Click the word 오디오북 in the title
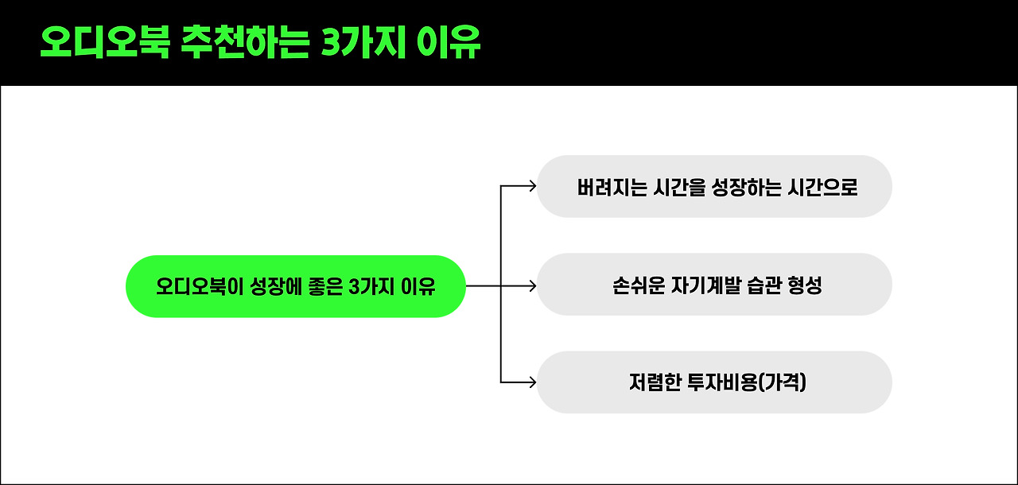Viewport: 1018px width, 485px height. [x=104, y=44]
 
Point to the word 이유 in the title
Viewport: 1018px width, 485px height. [x=449, y=44]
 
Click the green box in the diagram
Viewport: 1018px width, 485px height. [x=295, y=286]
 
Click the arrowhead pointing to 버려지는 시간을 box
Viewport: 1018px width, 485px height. [x=531, y=187]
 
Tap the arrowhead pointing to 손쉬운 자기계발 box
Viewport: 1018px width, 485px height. [x=531, y=285]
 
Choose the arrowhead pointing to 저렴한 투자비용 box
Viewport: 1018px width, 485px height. [x=531, y=382]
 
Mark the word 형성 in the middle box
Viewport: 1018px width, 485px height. [x=805, y=285]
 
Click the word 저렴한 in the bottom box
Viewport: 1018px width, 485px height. [x=651, y=382]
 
